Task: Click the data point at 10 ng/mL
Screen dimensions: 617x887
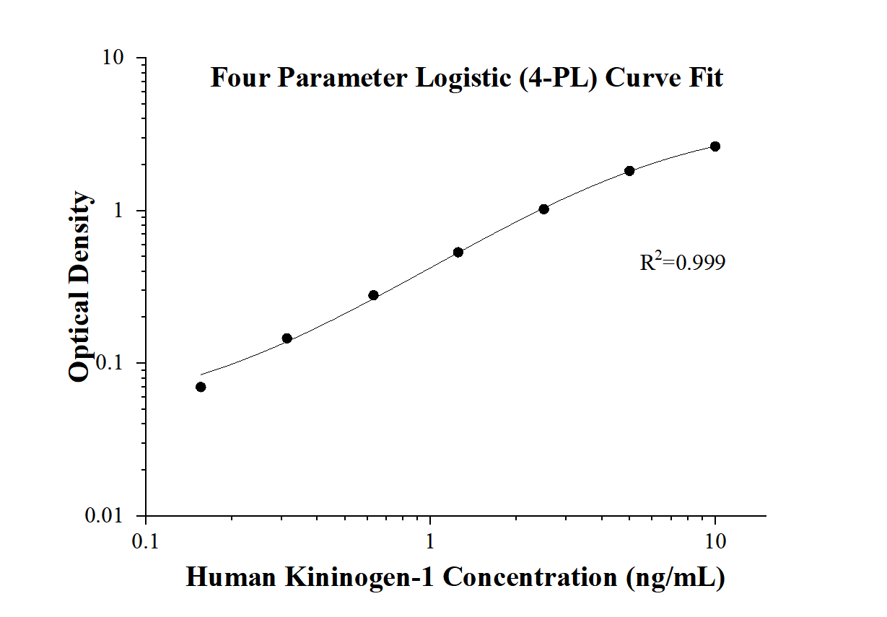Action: point(715,146)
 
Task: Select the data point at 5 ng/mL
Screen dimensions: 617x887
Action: point(629,171)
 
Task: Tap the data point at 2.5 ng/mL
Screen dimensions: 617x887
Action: point(543,209)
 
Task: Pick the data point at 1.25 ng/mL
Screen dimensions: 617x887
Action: point(458,253)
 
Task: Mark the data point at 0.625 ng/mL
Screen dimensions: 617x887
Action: point(373,295)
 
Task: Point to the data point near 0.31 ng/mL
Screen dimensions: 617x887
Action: point(287,338)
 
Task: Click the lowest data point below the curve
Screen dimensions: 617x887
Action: point(201,387)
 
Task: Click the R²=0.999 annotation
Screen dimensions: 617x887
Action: point(682,262)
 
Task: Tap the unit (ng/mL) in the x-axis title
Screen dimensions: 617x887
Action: point(676,578)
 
